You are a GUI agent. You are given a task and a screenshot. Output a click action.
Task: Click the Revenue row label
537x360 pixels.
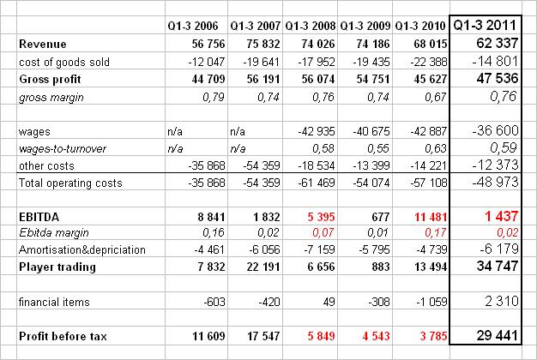coord(42,43)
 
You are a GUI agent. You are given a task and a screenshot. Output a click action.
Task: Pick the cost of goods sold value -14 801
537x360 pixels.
coord(492,60)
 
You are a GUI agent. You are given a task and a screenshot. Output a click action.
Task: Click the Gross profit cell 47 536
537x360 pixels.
coord(494,77)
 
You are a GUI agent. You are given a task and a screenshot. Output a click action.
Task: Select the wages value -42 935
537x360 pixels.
coord(313,130)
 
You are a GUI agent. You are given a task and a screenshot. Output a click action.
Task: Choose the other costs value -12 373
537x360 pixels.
coord(492,165)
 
